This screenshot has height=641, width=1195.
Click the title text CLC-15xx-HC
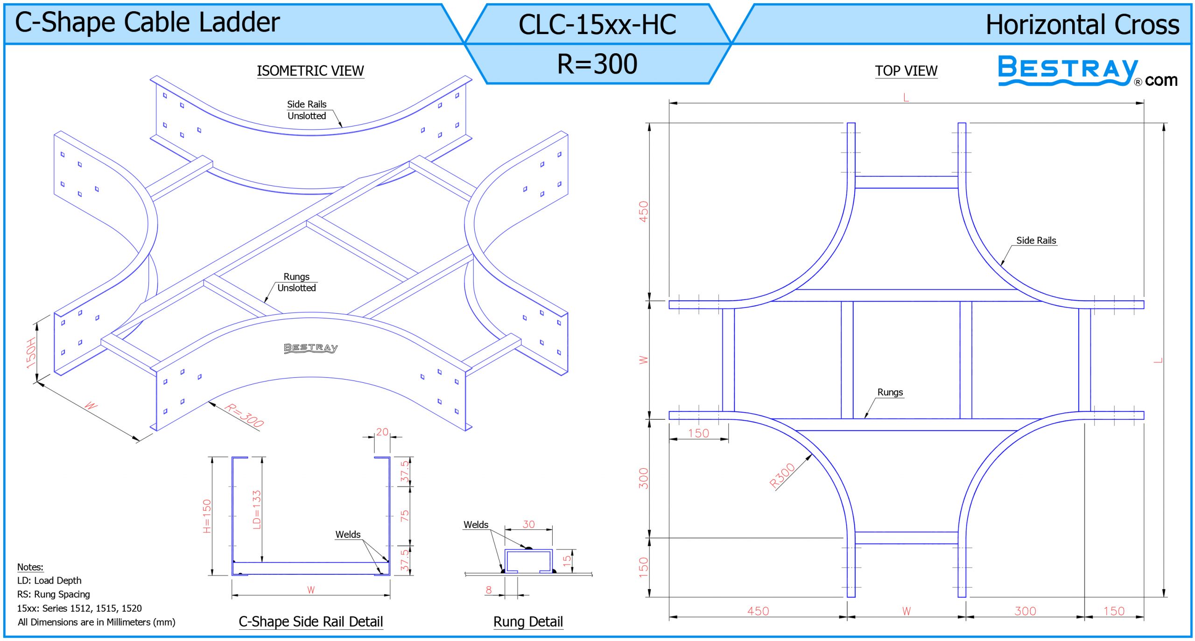point(597,24)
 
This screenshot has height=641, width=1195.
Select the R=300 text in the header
point(597,64)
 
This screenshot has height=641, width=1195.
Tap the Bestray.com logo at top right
point(1088,71)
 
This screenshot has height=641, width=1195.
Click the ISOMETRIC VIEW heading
point(310,70)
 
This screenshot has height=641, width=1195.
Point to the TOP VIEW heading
point(906,70)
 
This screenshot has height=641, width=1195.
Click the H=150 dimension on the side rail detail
point(207,516)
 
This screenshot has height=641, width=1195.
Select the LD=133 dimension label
point(256,509)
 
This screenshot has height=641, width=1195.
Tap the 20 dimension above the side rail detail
point(382,432)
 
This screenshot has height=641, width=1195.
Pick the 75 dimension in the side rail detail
point(404,515)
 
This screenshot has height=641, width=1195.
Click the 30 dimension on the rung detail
point(528,524)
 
